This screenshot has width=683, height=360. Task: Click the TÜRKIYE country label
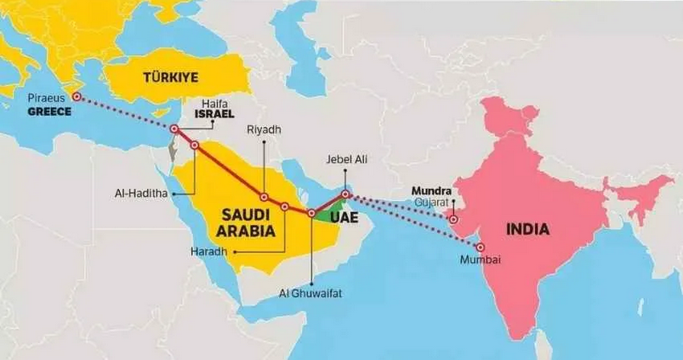tap(171, 77)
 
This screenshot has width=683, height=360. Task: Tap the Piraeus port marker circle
tap(77, 96)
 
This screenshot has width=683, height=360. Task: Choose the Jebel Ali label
tap(345, 159)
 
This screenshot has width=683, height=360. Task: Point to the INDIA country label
tap(527, 229)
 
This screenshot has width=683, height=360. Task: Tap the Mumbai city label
tap(480, 259)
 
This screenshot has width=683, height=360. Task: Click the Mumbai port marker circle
tap(481, 246)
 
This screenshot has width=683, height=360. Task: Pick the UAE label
tap(344, 219)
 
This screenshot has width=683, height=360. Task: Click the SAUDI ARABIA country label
tap(248, 223)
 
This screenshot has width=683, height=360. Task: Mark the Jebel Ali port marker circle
tap(345, 194)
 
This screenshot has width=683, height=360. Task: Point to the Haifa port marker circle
tap(174, 129)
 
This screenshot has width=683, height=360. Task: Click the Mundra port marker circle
tap(454, 220)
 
